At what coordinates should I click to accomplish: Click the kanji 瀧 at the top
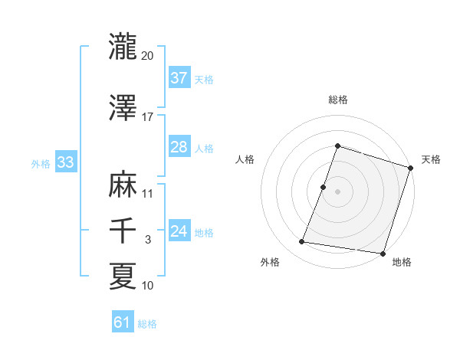(123, 47)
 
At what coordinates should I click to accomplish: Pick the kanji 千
(123, 231)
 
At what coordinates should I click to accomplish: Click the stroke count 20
(148, 56)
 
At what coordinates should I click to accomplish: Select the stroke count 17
(148, 117)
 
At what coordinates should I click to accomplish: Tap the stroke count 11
(148, 193)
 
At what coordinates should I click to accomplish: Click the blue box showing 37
(179, 77)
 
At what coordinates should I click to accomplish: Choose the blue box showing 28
(179, 147)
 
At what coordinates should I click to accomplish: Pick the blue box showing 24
(179, 231)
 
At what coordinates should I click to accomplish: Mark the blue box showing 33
(65, 162)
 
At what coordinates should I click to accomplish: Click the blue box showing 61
(123, 323)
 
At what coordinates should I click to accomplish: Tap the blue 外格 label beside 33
(41, 163)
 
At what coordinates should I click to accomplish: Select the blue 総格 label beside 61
(147, 324)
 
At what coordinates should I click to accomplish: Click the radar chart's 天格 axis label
(431, 159)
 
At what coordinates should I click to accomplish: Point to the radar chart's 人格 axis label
(245, 159)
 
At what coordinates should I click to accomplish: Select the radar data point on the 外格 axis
(302, 242)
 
